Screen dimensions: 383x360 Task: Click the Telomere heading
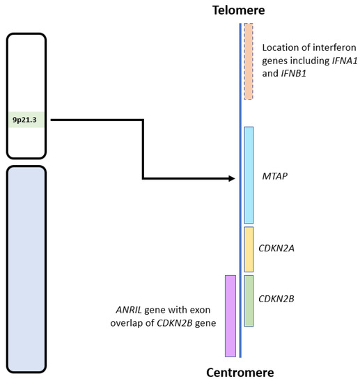point(240,10)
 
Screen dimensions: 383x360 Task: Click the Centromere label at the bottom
point(240,372)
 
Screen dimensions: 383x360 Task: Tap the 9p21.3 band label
point(26,120)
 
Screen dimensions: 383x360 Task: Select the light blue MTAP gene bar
point(249,175)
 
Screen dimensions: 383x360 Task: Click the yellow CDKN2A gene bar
point(249,249)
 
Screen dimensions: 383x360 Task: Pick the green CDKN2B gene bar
point(249,300)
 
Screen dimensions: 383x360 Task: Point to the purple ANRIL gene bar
point(230,315)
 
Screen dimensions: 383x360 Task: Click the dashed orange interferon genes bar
point(249,61)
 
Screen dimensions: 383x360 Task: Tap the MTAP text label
point(276,176)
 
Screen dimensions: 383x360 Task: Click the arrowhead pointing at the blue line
point(232,179)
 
